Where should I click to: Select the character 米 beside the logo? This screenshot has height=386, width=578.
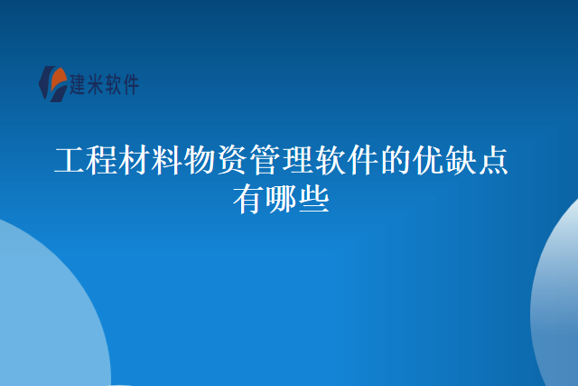[100, 86]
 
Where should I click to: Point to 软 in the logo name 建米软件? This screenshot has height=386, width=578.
[118, 86]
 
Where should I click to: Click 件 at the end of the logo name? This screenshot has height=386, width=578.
[135, 86]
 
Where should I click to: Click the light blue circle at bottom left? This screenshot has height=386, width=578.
[41, 316]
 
